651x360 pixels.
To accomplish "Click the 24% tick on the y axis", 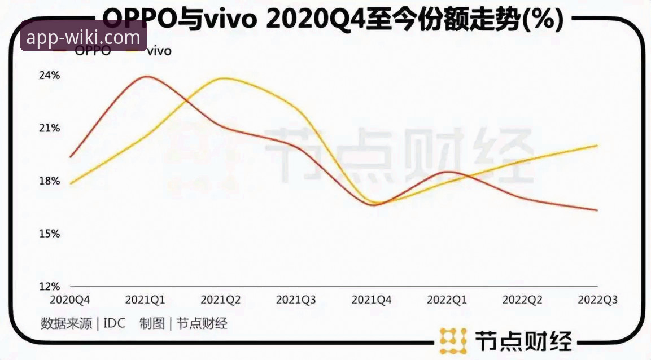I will click(49, 75).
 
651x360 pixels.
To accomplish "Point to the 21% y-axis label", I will click(49, 128).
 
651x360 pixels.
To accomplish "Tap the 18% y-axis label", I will click(49, 181).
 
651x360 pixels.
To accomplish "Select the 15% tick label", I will click(49, 234).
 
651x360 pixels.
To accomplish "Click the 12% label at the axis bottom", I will click(49, 286).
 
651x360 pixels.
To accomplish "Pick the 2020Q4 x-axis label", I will click(70, 300).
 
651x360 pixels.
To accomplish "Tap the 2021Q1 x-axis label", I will click(145, 300).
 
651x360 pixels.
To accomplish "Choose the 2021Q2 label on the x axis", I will click(221, 300).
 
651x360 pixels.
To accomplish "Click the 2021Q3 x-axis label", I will click(296, 300).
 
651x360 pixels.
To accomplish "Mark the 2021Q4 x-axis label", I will click(372, 300).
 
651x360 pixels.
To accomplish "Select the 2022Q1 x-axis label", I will click(447, 300).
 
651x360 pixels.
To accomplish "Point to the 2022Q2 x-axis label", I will click(522, 300).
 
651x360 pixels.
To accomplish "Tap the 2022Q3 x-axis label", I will click(597, 300).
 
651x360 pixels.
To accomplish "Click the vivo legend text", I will click(159, 51).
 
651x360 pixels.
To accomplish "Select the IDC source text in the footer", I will click(115, 323).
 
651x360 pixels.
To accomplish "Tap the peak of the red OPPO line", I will click(147, 76).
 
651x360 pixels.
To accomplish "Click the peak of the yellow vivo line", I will click(222, 78).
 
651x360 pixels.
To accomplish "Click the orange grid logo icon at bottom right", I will click(453, 341).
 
